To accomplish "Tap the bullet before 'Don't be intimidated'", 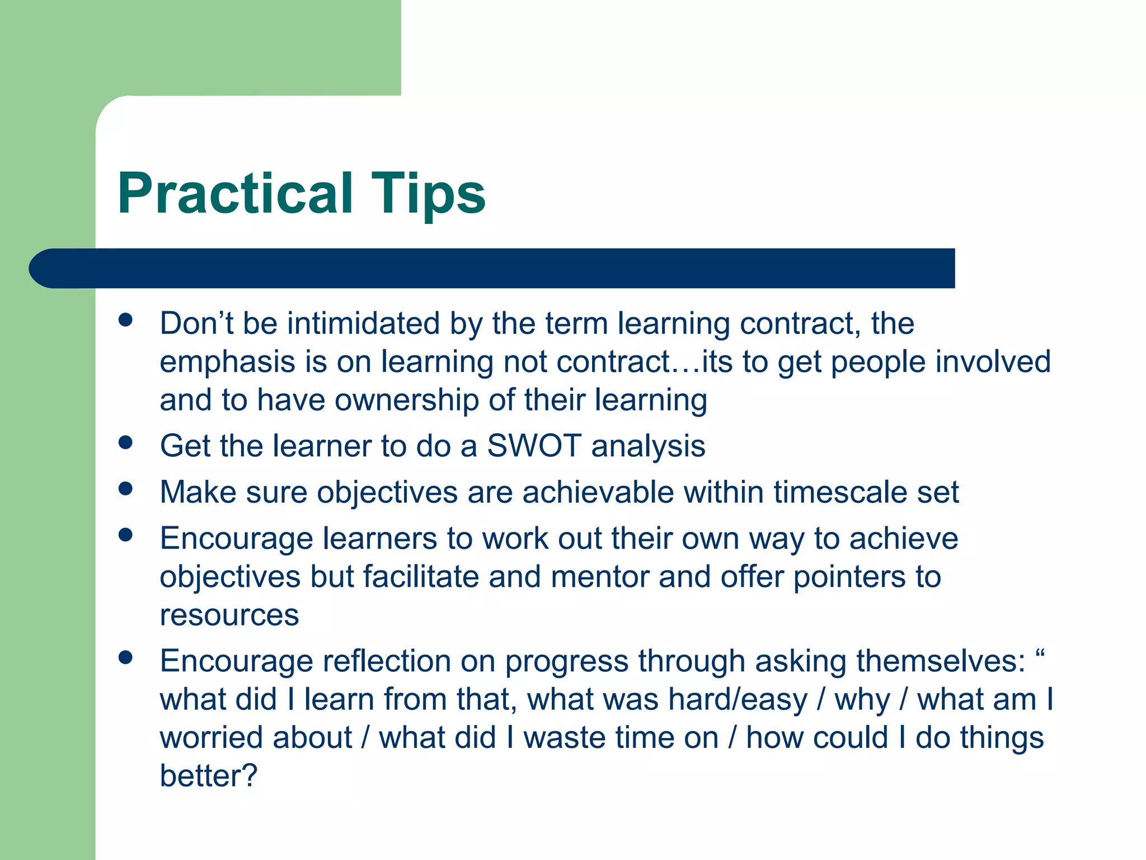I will [x=126, y=320].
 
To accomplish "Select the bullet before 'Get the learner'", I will [x=126, y=443].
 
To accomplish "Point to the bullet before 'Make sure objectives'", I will [x=126, y=489].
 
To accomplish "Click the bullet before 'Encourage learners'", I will [x=126, y=535].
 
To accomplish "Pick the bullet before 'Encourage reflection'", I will [x=126, y=657].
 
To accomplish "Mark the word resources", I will [x=229, y=615].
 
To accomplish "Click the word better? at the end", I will [x=208, y=776].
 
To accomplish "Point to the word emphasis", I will [x=227, y=362].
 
